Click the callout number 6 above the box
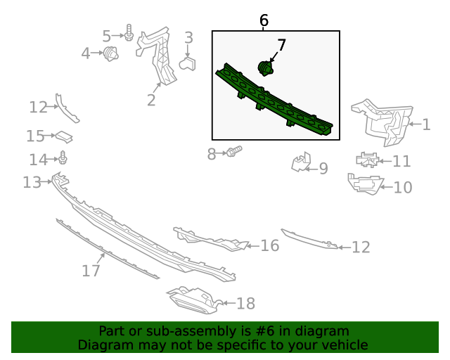[x=264, y=20]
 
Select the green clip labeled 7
[x=265, y=68]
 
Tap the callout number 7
[x=281, y=45]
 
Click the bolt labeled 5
[x=129, y=32]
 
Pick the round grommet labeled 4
[x=110, y=53]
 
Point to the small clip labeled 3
[x=188, y=63]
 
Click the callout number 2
[x=151, y=100]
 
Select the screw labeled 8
[x=234, y=151]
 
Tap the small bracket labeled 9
[x=301, y=162]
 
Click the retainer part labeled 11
[x=367, y=160]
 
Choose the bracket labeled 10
[x=365, y=184]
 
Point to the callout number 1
[x=427, y=124]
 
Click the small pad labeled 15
[x=64, y=137]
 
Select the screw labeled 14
[x=63, y=157]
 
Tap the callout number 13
[x=32, y=183]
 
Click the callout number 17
[x=91, y=271]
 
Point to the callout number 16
[x=270, y=245]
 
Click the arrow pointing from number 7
[x=274, y=57]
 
